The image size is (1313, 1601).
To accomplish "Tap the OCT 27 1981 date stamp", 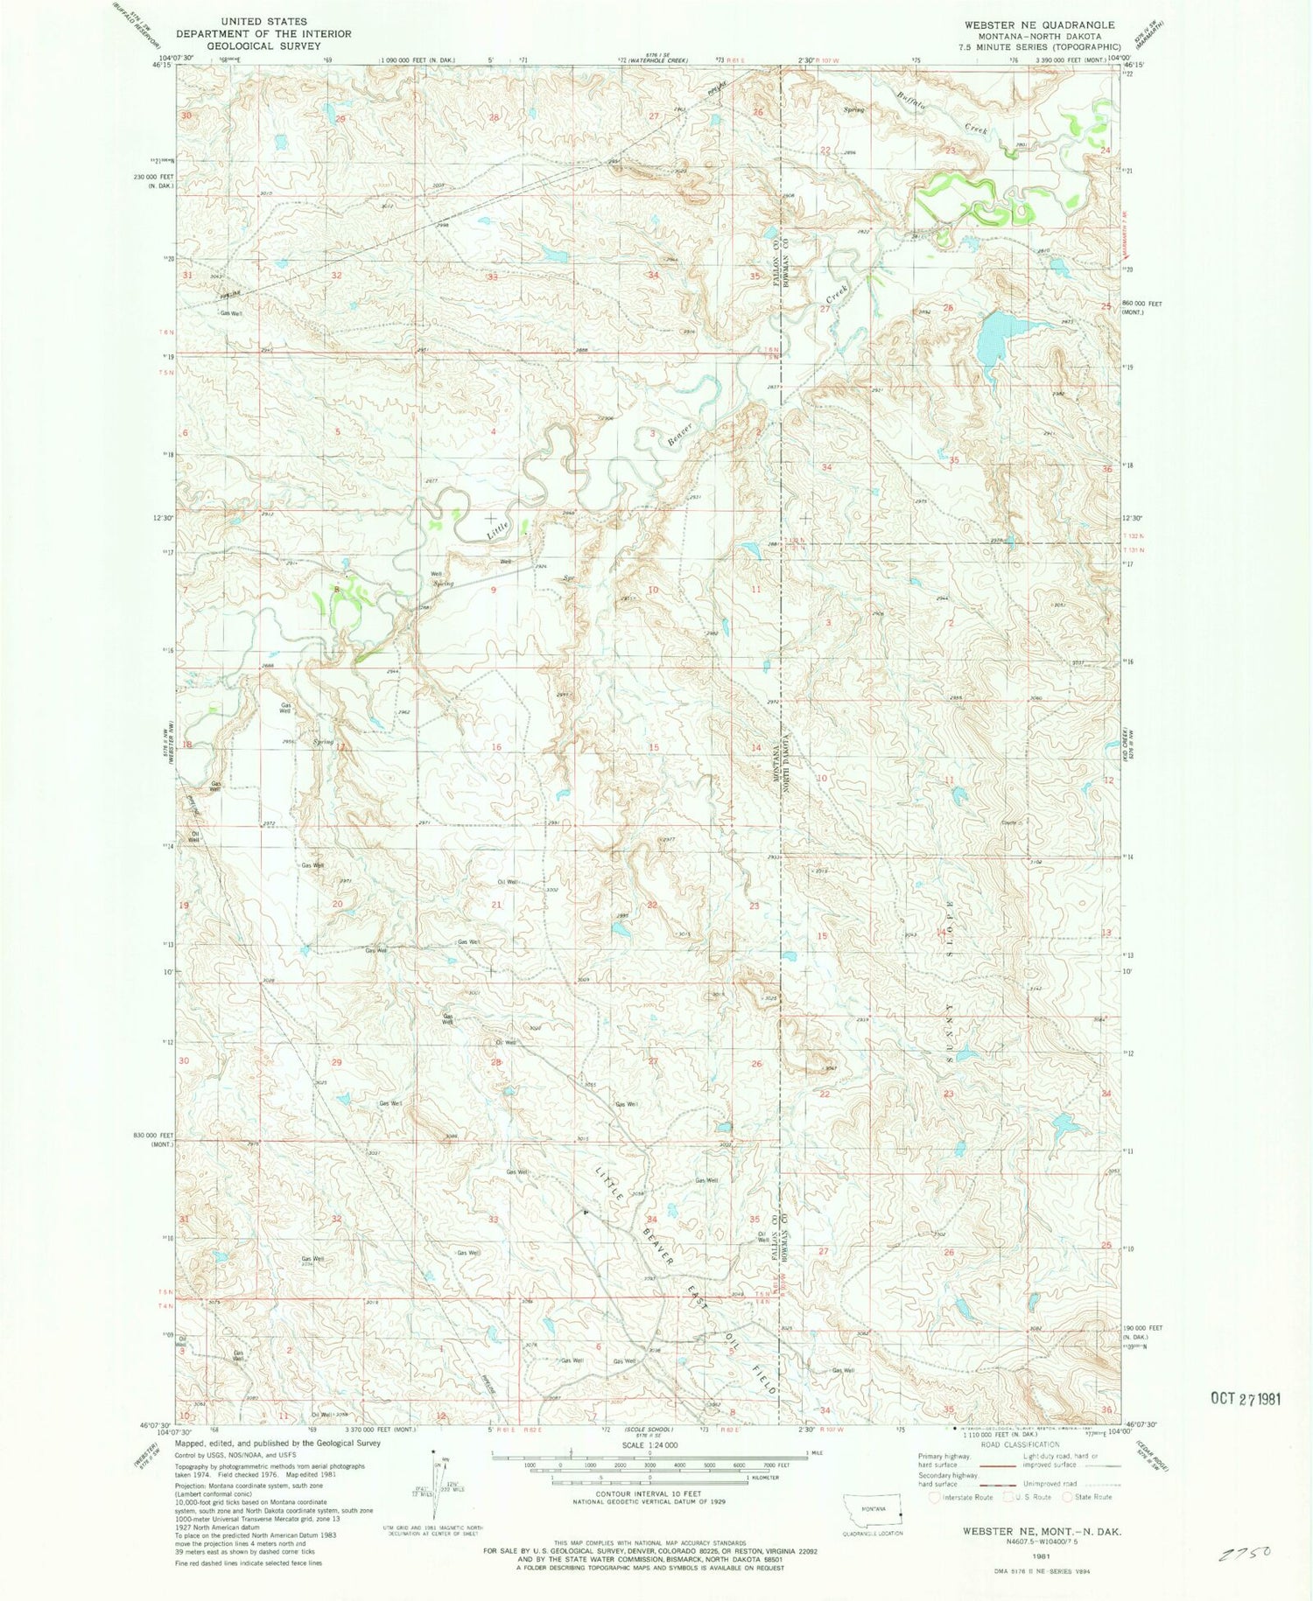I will [1246, 1398].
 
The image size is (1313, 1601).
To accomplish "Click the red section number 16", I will [496, 747].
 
